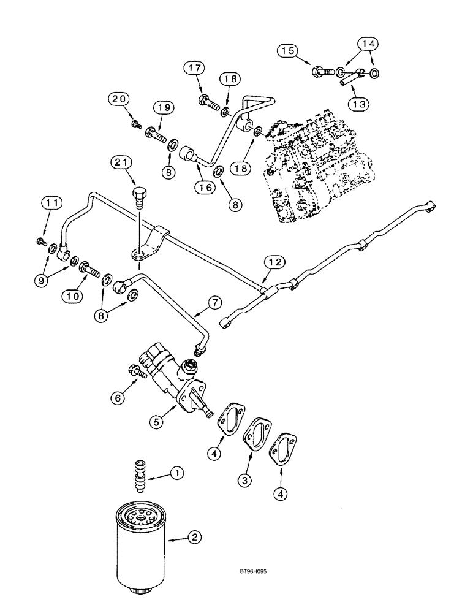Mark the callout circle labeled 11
tap(51, 202)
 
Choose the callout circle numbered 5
tap(159, 422)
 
